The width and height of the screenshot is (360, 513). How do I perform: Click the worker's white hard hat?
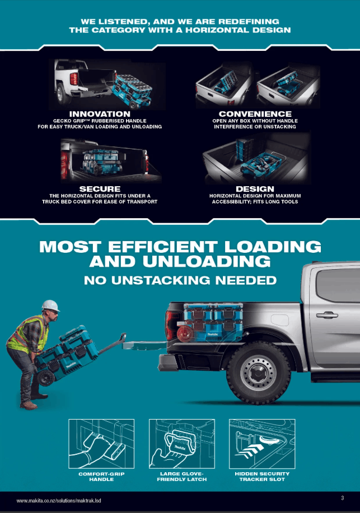tap(50, 305)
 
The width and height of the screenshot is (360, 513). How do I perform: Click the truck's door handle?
tap(327, 315)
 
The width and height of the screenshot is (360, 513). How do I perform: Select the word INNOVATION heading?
tap(100, 114)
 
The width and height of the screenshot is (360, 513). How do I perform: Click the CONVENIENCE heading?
tap(255, 114)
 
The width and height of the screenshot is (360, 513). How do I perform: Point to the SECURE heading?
tap(100, 189)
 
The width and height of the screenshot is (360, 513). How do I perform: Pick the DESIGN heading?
tap(255, 189)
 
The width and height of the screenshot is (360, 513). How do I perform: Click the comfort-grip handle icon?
tap(101, 444)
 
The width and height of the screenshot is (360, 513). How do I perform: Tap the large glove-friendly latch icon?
tap(182, 444)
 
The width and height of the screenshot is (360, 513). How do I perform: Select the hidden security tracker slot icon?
tap(262, 444)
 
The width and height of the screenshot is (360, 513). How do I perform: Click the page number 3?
tap(342, 498)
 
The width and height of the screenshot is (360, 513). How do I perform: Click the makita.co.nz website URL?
tap(59, 501)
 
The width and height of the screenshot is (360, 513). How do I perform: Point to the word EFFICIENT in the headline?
tap(163, 247)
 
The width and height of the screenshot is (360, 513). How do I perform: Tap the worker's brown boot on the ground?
tap(29, 406)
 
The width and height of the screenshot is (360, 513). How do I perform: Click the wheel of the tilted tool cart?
tap(45, 378)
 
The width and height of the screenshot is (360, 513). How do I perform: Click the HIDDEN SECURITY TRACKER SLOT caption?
tap(262, 477)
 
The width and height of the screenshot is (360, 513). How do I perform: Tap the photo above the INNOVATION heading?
tap(107, 84)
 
